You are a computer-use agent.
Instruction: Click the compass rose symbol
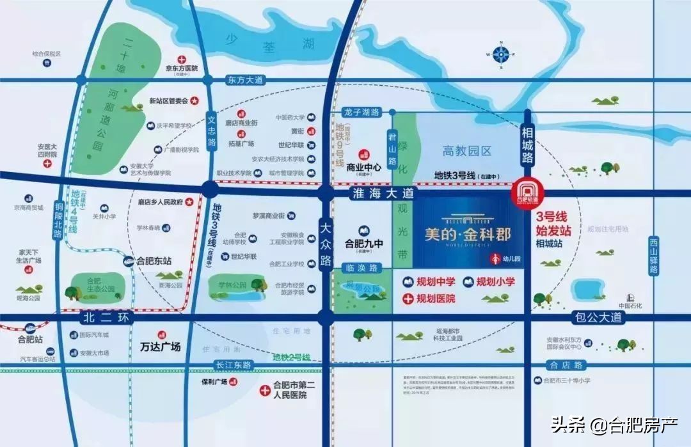pos(501,54)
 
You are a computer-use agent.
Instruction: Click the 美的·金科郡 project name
pos(467,233)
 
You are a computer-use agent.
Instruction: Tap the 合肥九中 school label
pos(363,243)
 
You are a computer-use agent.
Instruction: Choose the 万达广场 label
pos(160,347)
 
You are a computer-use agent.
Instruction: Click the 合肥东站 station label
pos(154,261)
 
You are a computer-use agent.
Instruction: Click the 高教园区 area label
pos(468,151)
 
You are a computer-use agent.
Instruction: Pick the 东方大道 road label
pos(245,81)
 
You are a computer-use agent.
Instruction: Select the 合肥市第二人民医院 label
pos(290,390)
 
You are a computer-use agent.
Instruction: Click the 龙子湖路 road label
pos(360,112)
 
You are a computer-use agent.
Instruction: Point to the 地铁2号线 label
pos(291,357)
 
